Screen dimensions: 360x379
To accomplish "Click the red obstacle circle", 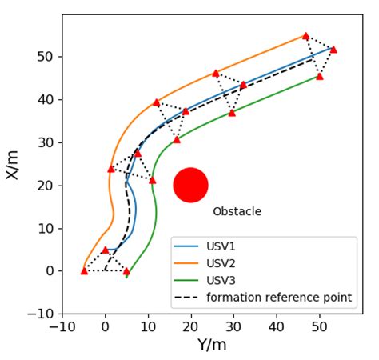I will point(190,185).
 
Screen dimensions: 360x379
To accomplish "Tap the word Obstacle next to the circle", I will point(237,212).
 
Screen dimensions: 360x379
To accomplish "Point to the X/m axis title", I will point(14,163).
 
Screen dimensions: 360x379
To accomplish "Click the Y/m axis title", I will point(212,345).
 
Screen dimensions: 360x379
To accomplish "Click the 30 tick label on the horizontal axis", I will point(233,327).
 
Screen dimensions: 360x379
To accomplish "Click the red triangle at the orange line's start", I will point(84,270).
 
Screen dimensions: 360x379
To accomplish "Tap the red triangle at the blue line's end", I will point(333,49).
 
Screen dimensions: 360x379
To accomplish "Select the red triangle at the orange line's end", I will point(305,36).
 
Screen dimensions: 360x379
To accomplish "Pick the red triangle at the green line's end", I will point(320,76).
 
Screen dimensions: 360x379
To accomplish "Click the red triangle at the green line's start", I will point(126,271).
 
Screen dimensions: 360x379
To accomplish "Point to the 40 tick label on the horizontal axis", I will point(277,327).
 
